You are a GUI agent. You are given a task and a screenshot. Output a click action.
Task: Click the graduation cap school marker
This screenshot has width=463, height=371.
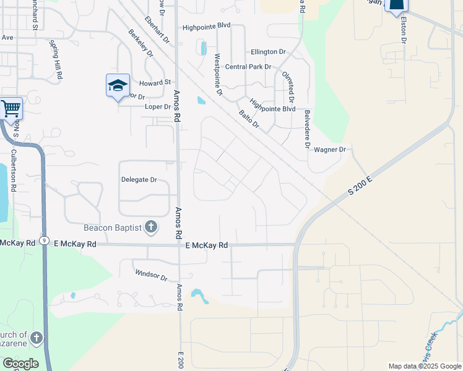tap(118, 86)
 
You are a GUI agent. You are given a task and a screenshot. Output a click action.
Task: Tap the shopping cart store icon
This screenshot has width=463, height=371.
tap(11, 109)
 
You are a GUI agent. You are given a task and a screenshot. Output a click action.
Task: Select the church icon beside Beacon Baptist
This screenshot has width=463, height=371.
tap(151, 227)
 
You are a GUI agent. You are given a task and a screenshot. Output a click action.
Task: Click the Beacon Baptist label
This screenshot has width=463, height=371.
tap(109, 228)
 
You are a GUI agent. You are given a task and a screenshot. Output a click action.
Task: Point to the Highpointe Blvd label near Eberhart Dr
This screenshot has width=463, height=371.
tap(206, 27)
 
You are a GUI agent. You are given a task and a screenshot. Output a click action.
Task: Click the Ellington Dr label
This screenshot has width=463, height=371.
tap(268, 53)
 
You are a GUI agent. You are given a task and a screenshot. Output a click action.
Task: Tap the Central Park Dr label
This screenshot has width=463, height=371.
tap(248, 67)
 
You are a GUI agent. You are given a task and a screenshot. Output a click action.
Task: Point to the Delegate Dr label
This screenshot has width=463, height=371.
tap(139, 180)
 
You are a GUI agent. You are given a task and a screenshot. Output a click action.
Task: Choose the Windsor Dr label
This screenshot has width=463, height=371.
tap(152, 275)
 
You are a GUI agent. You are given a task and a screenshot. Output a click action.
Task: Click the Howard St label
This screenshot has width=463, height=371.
tap(155, 82)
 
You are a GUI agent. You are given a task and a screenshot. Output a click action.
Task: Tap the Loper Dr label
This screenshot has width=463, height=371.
tap(157, 106)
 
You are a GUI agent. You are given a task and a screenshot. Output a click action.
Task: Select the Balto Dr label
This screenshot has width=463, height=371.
tap(248, 120)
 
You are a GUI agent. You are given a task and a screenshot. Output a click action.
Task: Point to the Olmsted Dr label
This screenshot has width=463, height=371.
tap(290, 87)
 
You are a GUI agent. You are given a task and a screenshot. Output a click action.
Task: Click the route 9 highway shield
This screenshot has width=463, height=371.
tap(43, 240)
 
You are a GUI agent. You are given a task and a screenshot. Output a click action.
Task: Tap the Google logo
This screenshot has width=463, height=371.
tap(20, 363)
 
